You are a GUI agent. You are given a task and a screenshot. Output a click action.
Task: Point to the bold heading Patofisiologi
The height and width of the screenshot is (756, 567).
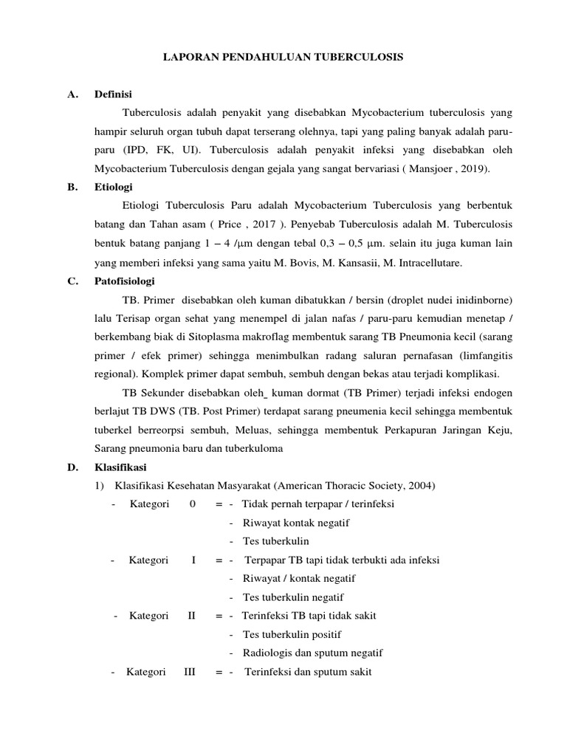coord(124,281)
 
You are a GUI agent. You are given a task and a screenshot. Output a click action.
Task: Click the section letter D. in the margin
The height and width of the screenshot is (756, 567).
coord(72,467)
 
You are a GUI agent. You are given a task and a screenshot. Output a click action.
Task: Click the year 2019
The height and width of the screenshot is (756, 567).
coord(472,169)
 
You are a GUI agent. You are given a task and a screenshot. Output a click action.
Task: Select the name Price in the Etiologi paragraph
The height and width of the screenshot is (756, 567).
coord(255,225)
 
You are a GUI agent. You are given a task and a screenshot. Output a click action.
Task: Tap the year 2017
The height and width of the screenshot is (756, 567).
coord(293,225)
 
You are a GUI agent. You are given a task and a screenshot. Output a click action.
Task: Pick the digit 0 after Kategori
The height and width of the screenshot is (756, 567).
coord(193,504)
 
